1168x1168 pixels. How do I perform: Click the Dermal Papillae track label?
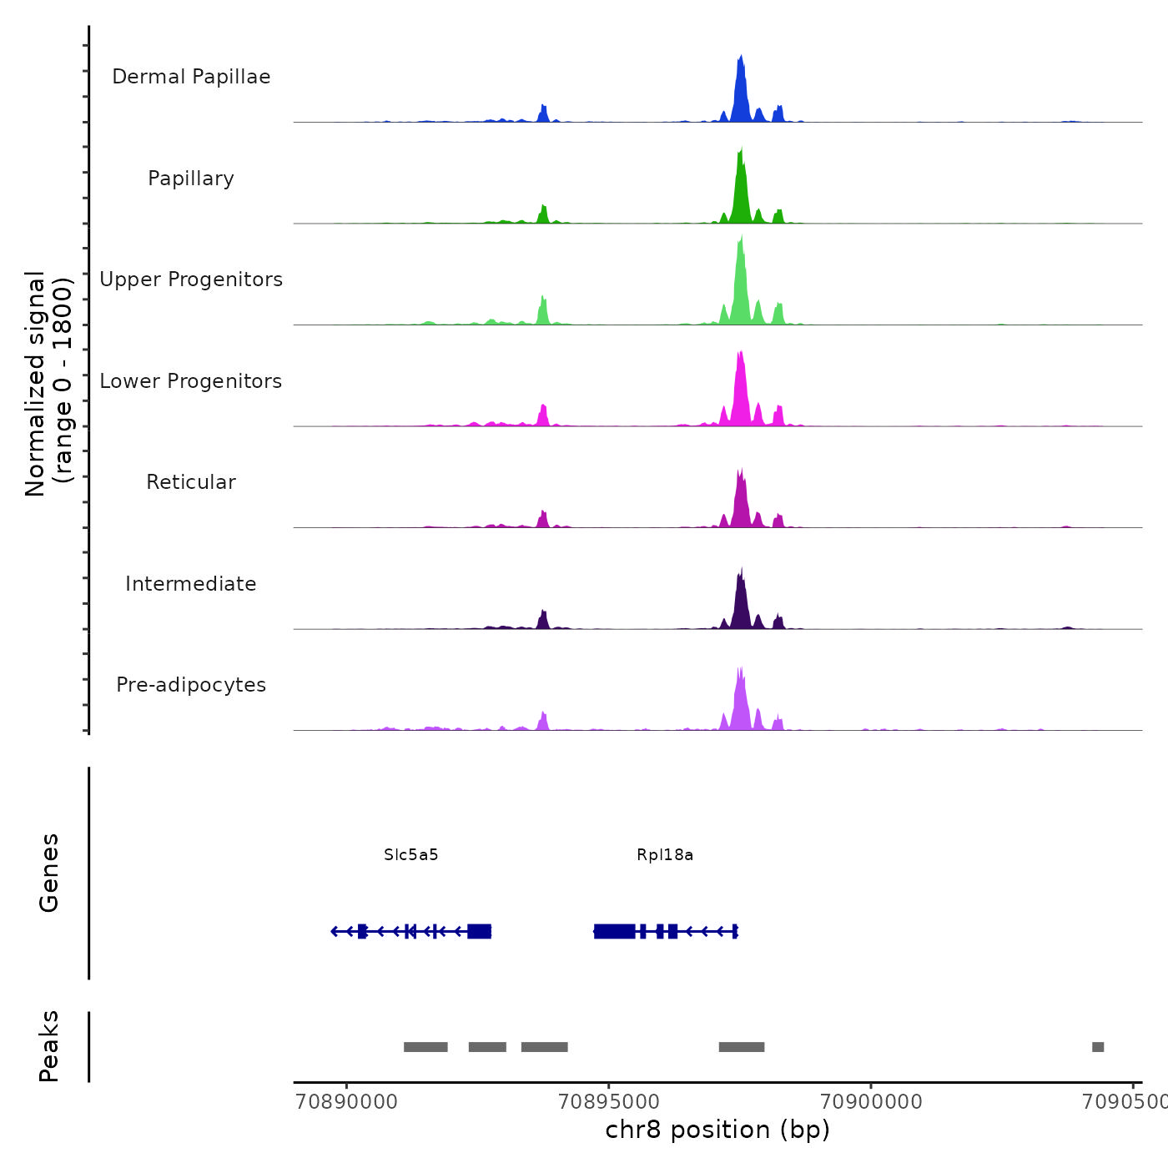tap(191, 77)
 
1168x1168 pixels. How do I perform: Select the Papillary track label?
tap(191, 179)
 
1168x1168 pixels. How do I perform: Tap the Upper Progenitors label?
tap(191, 279)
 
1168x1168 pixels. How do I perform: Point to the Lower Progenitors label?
tap(191, 381)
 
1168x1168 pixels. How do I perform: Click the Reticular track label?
tap(191, 482)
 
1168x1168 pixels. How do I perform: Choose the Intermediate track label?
tap(191, 584)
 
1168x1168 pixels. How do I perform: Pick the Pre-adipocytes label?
tap(191, 685)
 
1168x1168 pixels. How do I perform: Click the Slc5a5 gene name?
tap(411, 855)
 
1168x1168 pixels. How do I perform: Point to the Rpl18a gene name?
tap(665, 855)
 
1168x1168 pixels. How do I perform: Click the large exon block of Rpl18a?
tap(615, 931)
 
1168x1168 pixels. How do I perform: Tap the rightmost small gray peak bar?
tap(1098, 1047)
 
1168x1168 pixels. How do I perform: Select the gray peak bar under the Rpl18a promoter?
tap(742, 1047)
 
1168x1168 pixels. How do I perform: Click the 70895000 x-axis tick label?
tap(609, 1102)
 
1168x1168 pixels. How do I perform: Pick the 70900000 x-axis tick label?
tap(871, 1102)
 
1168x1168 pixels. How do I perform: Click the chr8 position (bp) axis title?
tap(717, 1130)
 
